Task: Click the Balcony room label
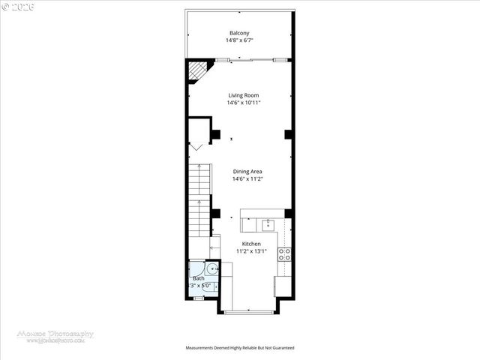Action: pos(239,33)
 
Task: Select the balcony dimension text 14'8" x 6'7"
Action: pos(239,40)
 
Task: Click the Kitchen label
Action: pos(250,244)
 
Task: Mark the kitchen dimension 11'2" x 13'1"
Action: pos(250,252)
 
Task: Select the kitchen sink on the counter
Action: pos(268,223)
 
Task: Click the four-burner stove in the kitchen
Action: pos(285,253)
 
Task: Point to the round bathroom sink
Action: pos(213,268)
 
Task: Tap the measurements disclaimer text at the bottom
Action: pos(240,348)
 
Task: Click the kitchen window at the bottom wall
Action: pos(250,312)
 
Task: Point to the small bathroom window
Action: pos(199,298)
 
